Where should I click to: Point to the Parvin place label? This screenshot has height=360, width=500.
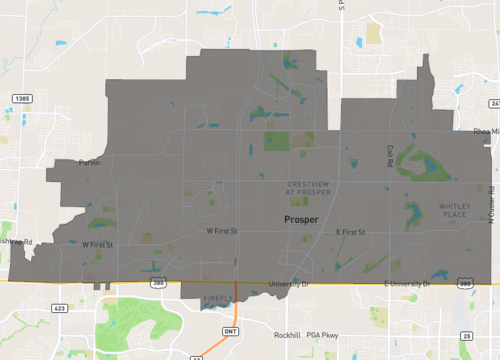click(91, 163)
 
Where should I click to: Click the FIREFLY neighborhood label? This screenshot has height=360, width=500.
click(217, 298)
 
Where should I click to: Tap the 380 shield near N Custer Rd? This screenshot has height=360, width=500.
click(465, 284)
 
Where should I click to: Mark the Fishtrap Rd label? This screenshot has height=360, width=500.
click(15, 243)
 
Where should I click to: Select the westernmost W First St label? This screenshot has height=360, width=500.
click(97, 244)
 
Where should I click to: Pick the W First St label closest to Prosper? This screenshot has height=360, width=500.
click(224, 231)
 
